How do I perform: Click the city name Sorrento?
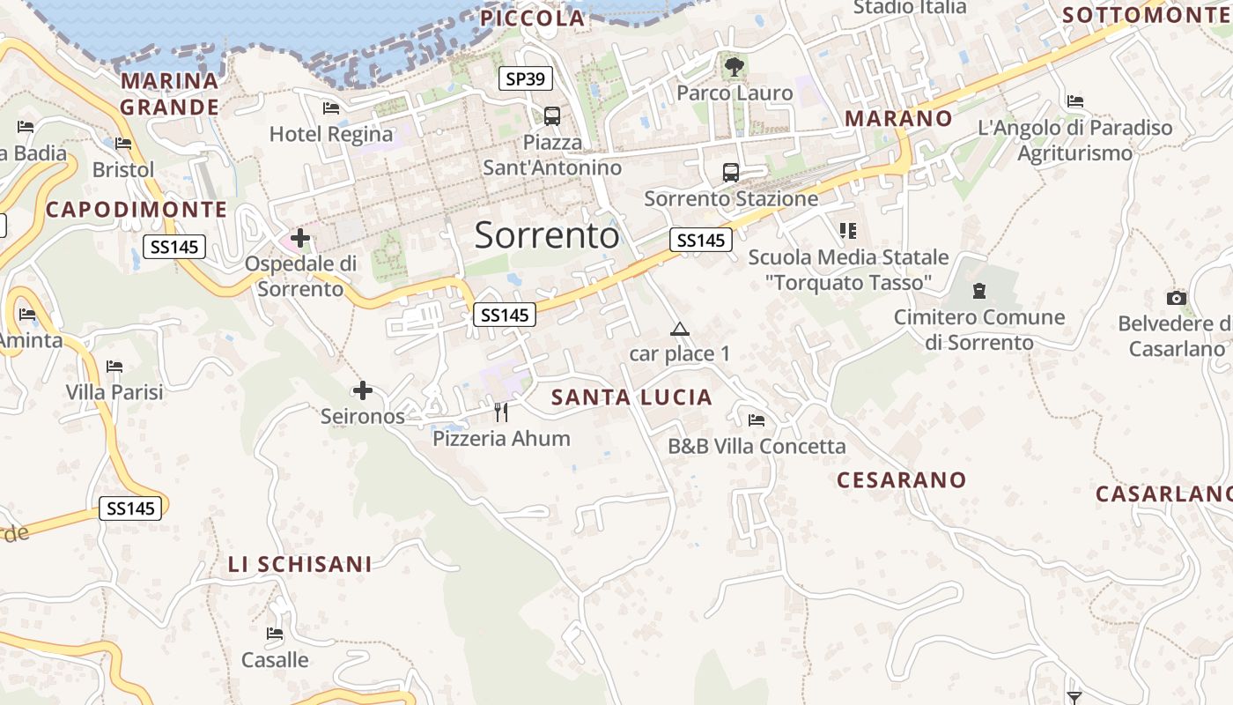pos(546,235)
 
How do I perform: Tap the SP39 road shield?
pos(526,78)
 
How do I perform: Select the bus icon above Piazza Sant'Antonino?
pos(552,115)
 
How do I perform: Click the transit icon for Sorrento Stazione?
pos(730,172)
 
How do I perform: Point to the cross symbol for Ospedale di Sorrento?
pos(300,237)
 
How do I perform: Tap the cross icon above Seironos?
pos(362,390)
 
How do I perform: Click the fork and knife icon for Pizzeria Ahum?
pos(501,412)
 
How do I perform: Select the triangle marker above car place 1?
pos(678,330)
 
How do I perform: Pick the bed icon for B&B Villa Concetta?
pos(757,419)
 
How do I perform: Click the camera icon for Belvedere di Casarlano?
pos(1176,298)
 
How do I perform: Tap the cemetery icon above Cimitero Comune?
pos(978,290)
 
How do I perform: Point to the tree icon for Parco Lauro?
pos(733,65)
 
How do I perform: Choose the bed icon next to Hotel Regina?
pos(331,108)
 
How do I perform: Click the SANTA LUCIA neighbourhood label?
pos(631,397)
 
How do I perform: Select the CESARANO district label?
pos(901,480)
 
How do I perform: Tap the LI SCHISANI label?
pos(299,565)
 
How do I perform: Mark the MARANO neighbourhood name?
pos(898,118)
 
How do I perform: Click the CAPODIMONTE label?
pos(137,210)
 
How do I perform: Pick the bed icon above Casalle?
pos(275,633)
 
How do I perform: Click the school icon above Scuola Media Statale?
pos(848,231)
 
